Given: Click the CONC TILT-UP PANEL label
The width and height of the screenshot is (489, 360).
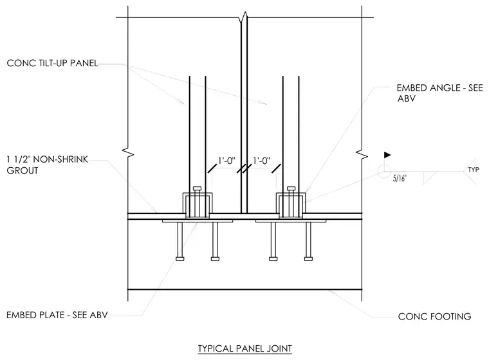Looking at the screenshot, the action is click(52, 63).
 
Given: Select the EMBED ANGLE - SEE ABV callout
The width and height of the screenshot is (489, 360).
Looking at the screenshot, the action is click(439, 93).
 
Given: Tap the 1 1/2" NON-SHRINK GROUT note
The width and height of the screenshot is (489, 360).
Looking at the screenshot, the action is click(48, 165).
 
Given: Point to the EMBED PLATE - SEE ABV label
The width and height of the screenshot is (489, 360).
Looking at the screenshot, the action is click(57, 315).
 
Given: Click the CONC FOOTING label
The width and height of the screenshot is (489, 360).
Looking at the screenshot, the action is click(434, 317).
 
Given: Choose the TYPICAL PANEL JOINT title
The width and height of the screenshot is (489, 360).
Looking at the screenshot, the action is click(244, 348).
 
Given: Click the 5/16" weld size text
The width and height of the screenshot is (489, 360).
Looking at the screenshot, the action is click(400, 178).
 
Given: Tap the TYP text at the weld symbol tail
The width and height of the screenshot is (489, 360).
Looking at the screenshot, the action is click(474, 170).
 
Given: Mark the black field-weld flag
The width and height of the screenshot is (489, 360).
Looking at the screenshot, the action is click(387, 155).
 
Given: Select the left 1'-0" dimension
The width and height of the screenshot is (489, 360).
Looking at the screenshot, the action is click(226, 161).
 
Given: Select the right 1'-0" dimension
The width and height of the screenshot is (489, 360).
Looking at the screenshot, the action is click(262, 161).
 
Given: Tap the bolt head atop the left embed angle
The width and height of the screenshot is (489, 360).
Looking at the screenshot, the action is click(198, 188).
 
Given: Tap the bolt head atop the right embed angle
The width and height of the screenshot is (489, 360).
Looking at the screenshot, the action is click(291, 188).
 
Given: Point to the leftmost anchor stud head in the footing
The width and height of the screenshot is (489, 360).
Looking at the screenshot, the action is click(180, 258).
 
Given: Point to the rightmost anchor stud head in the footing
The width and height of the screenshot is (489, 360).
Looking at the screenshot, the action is click(308, 258).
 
